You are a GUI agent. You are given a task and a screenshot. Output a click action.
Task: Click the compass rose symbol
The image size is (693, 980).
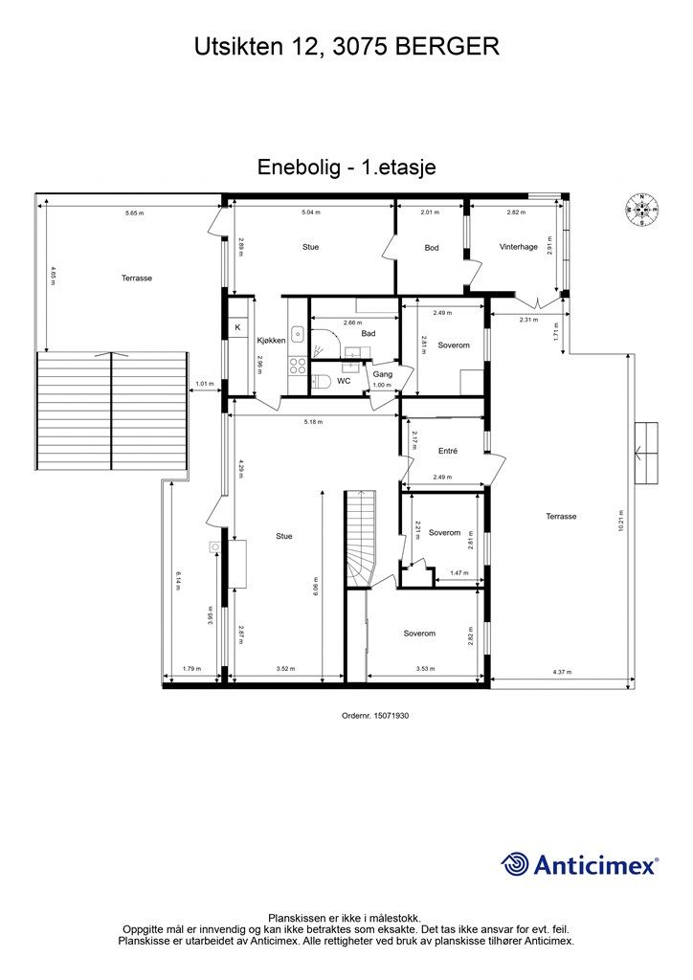[641, 209]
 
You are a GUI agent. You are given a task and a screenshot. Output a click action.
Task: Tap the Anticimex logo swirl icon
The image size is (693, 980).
[515, 864]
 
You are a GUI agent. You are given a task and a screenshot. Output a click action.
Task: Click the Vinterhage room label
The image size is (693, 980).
[518, 247]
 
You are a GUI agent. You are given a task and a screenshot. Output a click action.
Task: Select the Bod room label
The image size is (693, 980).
[432, 248]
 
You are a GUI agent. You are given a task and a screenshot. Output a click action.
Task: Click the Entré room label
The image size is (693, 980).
[448, 451]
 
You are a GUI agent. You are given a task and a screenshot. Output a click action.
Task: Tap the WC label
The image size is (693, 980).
[343, 381]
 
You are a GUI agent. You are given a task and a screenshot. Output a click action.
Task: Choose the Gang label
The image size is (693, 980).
[382, 374]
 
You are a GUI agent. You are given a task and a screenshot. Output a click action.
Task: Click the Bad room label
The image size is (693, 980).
[368, 333]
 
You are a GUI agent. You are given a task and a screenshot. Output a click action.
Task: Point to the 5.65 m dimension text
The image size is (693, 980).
[134, 212]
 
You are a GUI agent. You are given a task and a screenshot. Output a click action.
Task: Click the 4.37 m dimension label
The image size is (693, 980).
[561, 672]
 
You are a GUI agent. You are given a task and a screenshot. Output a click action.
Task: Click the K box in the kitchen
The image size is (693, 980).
[237, 328]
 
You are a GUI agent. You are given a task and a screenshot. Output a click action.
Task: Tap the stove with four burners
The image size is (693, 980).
[298, 365]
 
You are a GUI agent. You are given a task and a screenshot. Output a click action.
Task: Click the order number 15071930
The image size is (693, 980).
[382, 715]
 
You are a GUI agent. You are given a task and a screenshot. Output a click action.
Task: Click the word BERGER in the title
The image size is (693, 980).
[448, 45]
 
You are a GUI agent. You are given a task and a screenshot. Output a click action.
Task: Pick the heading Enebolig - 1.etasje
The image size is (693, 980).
[346, 167]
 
